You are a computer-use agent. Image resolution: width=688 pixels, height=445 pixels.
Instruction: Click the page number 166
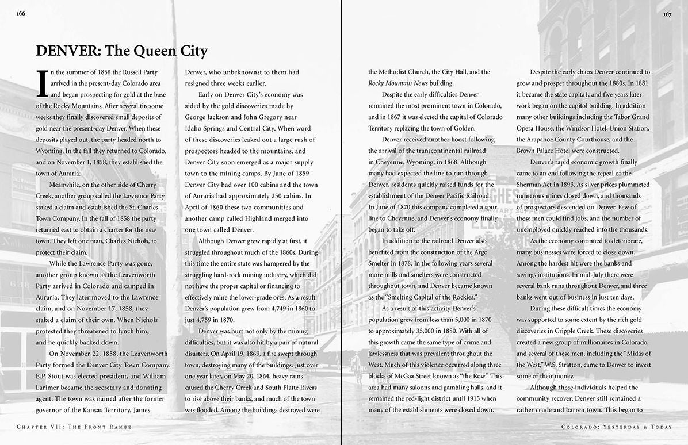click(21, 14)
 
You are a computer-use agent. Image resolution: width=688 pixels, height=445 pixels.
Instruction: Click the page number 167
click(667, 14)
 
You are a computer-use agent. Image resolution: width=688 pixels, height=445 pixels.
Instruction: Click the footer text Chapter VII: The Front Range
click(74, 427)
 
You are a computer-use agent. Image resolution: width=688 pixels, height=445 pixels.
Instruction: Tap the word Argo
click(484, 252)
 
